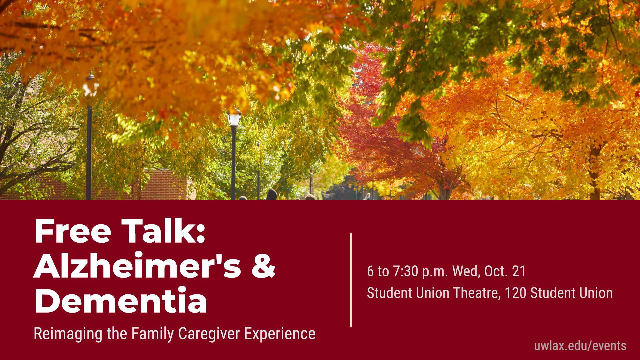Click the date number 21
click(519, 271)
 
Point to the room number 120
click(515, 293)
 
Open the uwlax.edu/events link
click(580, 346)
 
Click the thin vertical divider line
click(351, 280)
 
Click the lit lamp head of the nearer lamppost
click(233, 118)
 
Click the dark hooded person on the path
click(272, 195)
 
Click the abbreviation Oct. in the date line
click(497, 271)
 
